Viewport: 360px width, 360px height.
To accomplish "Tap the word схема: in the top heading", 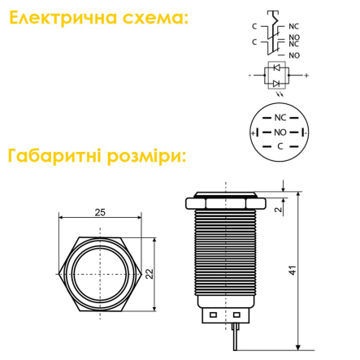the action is [155, 19].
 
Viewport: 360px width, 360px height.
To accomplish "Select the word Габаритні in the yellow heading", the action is [54, 156].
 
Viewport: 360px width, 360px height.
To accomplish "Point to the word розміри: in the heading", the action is [146, 157].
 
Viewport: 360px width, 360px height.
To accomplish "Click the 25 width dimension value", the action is [100, 212].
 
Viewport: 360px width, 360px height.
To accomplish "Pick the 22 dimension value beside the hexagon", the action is [150, 274].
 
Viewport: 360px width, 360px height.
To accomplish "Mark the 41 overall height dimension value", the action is [293, 271].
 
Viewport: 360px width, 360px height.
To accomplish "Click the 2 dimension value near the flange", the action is [279, 209].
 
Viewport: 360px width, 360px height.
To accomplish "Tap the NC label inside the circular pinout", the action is [280, 118].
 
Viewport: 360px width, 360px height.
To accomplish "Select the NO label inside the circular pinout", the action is [280, 132].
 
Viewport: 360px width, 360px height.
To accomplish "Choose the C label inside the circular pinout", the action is [280, 146].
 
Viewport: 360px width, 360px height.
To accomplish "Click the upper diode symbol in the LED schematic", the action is [276, 67].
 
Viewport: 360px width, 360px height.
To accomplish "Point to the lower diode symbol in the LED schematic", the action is [276, 84].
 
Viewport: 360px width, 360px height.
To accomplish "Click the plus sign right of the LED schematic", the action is [306, 76].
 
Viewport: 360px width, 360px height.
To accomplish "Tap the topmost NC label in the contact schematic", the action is [293, 27].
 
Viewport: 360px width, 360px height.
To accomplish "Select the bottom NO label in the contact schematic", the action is [294, 55].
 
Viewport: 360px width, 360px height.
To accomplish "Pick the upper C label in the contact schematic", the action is [254, 27].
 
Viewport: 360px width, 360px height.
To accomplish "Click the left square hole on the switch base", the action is [213, 314].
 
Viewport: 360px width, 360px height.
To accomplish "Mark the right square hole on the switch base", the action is [236, 314].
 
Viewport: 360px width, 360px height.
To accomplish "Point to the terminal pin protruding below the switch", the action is [235, 336].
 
